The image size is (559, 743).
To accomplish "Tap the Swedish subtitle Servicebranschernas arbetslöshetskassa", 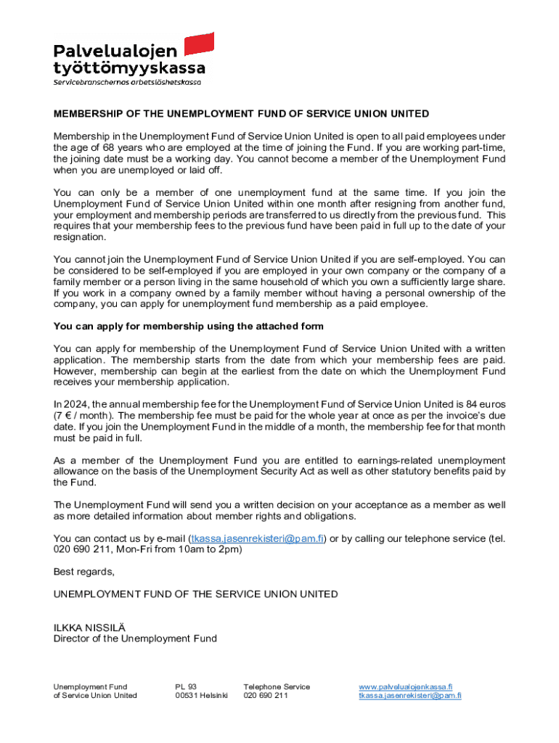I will (127, 82).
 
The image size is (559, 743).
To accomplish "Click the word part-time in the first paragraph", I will (482, 148).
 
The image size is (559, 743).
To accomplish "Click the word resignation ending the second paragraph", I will (80, 237).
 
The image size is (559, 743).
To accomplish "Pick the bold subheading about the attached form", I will (189, 327).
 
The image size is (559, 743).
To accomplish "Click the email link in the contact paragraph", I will (257, 538).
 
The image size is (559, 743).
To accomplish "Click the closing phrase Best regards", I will (84, 572).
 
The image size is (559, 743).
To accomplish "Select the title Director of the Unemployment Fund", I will (135, 639).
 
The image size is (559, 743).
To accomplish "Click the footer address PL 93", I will (186, 686).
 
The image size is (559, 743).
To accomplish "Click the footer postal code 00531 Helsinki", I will (201, 696).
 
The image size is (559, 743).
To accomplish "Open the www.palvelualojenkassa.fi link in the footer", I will (406, 686).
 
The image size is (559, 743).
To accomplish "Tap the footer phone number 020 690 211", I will (266, 696).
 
